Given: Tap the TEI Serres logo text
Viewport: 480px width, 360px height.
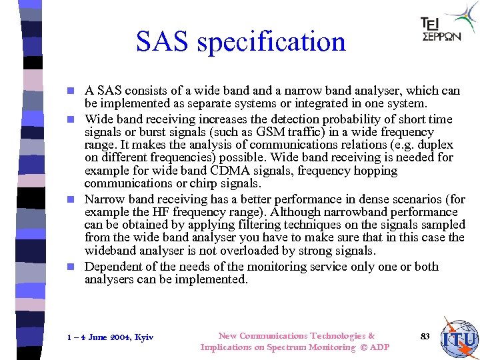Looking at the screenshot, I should (x=441, y=30).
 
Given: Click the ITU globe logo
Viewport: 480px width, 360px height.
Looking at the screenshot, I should (x=461, y=338).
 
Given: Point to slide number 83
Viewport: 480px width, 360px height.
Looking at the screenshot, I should (x=425, y=336).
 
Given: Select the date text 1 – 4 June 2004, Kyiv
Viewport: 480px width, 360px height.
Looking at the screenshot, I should (x=111, y=337).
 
